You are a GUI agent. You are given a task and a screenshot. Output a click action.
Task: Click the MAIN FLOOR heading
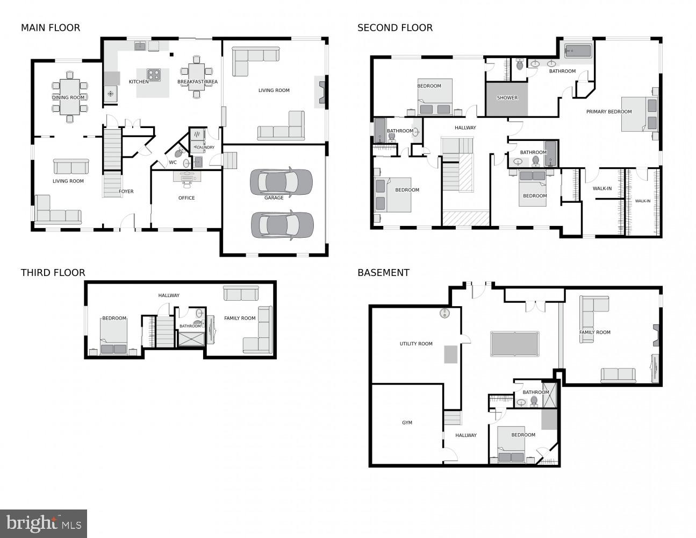tap(51, 27)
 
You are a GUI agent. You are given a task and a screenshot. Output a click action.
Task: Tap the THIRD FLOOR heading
tap(53, 273)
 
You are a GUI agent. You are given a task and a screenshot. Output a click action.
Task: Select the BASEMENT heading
tap(383, 273)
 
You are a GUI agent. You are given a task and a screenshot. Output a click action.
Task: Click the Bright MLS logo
tap(44, 523)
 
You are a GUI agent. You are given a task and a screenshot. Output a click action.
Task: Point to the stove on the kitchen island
tap(154, 75)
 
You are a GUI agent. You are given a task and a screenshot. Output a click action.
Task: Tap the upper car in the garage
tap(281, 182)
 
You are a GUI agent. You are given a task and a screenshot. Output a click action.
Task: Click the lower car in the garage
tap(282, 224)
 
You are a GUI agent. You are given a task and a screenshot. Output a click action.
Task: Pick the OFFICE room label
tap(186, 198)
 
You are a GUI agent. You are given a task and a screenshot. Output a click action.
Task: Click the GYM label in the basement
tap(407, 423)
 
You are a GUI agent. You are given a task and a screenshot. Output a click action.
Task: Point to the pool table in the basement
tap(514, 344)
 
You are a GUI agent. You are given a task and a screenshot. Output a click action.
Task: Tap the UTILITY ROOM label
tap(416, 344)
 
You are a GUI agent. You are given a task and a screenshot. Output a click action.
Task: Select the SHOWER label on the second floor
tap(507, 98)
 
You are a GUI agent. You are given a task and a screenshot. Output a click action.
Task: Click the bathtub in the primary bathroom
tap(577, 52)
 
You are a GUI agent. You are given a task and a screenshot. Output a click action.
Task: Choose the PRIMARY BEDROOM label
tap(608, 112)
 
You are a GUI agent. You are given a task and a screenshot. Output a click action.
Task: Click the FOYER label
tap(126, 192)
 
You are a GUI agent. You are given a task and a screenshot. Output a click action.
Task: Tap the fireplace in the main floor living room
tap(321, 91)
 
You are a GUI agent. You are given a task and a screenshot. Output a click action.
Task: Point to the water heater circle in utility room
tap(444, 313)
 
